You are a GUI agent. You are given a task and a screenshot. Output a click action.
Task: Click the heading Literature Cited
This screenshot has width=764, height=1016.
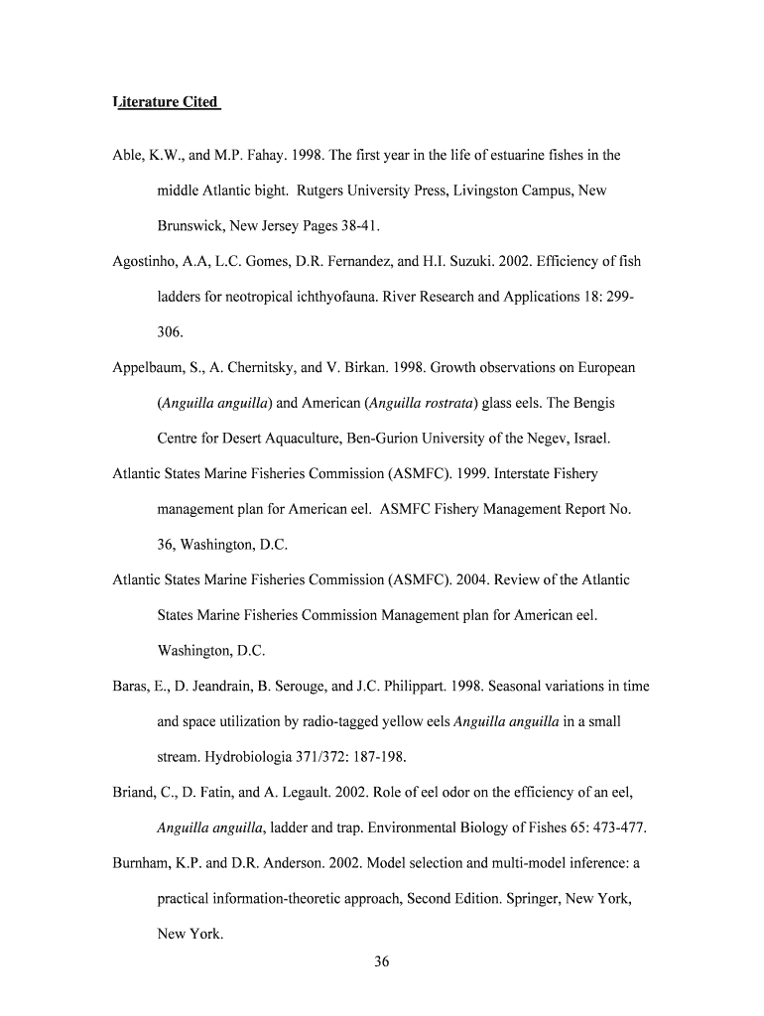click(166, 102)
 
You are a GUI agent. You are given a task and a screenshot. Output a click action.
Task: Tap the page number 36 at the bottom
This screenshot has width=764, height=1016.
click(382, 960)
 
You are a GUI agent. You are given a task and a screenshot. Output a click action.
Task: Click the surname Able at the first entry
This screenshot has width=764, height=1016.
click(129, 155)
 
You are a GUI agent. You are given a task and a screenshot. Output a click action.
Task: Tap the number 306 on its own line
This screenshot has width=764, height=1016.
click(170, 332)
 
